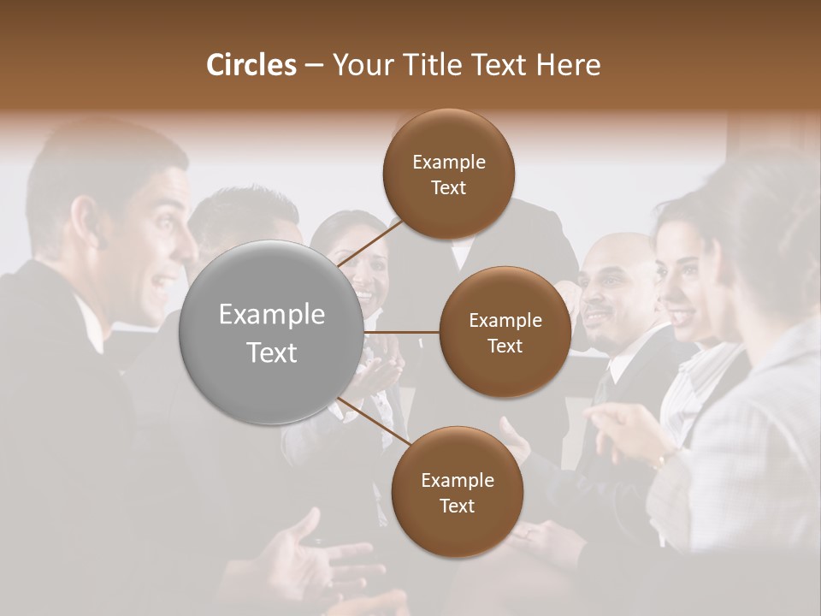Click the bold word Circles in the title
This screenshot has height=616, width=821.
[251, 65]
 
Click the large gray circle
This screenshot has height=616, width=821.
[272, 333]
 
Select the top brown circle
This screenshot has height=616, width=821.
[448, 174]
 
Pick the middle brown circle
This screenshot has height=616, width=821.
[505, 332]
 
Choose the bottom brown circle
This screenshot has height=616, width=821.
[457, 492]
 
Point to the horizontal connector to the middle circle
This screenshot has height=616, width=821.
[402, 332]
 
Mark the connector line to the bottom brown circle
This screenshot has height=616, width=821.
[375, 423]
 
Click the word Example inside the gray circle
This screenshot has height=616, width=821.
[272, 315]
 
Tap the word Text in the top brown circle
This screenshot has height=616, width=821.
[448, 187]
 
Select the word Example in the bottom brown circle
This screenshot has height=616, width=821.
[457, 480]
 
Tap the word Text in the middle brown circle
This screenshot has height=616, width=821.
[505, 346]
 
